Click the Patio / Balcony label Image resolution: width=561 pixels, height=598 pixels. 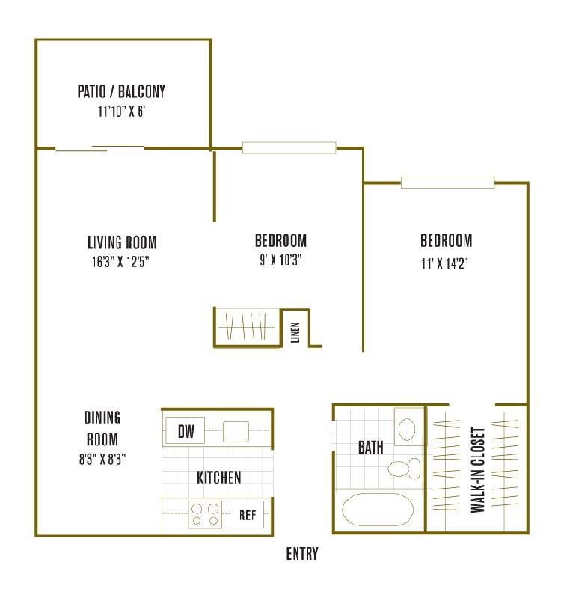click(121, 92)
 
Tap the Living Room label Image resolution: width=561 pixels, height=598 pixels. click(122, 242)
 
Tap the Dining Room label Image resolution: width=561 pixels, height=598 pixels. click(102, 428)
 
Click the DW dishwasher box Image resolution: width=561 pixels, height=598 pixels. click(186, 431)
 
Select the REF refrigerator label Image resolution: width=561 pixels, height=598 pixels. click(248, 515)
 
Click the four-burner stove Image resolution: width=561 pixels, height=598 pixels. click(206, 515)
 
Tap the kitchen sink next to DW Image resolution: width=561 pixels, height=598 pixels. click(236, 432)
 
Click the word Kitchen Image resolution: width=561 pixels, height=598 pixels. click(218, 478)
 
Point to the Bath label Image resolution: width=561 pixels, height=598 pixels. click(370, 448)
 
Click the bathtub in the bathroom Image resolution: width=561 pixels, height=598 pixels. click(378, 511)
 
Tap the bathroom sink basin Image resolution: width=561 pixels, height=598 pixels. click(408, 429)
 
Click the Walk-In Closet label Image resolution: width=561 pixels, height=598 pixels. click(478, 470)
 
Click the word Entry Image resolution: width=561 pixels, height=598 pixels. click(302, 555)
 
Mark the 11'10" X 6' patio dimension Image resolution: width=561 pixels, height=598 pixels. click(121, 112)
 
